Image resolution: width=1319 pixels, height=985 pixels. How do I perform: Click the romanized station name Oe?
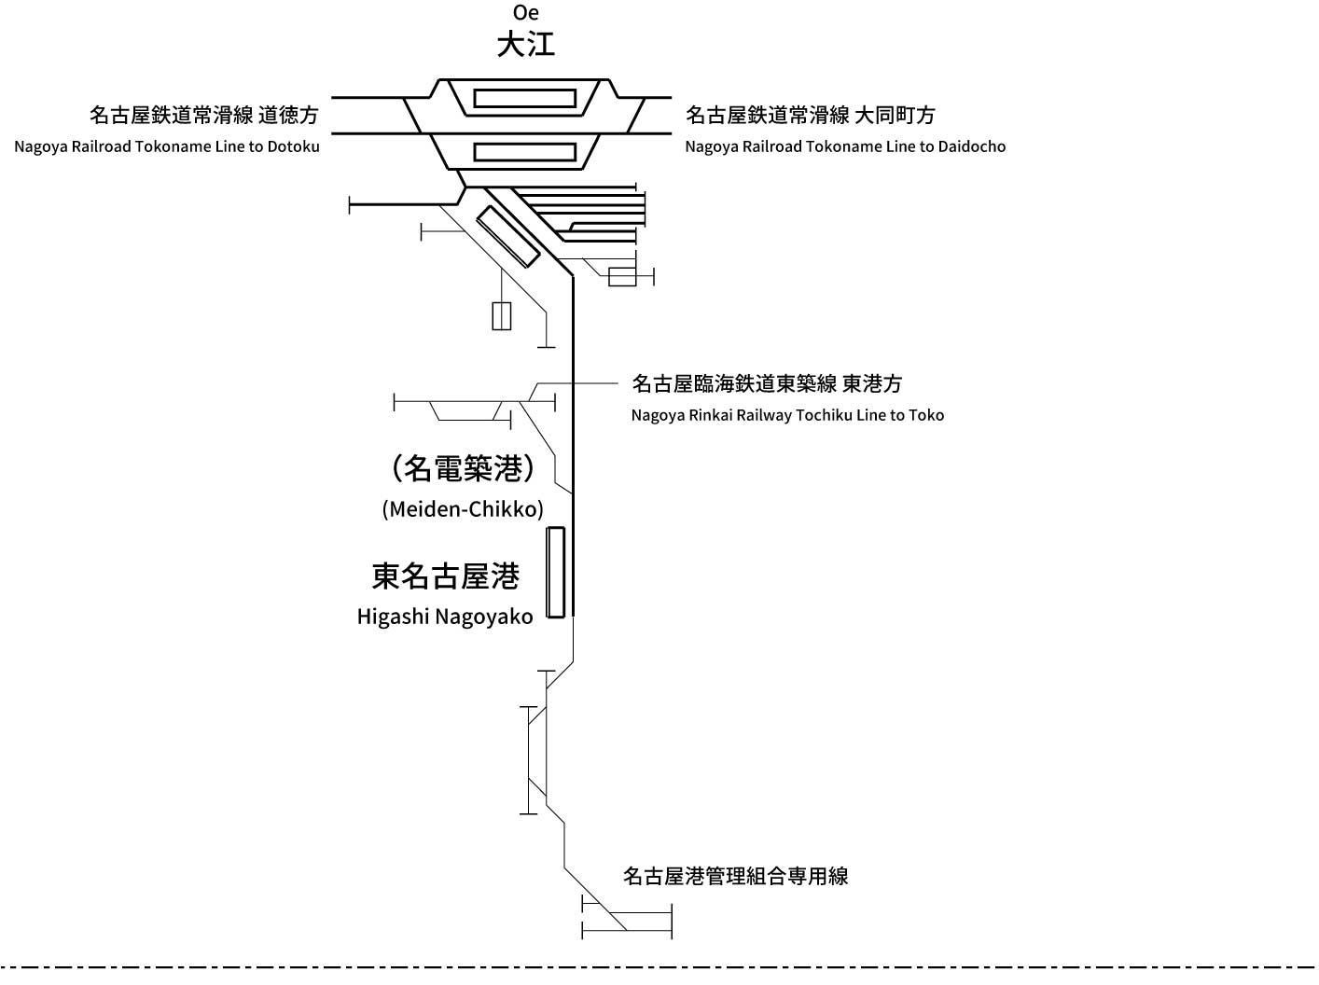[x=526, y=13]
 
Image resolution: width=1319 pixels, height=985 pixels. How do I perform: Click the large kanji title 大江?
[x=526, y=45]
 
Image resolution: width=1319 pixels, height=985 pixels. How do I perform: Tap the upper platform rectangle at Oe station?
[x=524, y=99]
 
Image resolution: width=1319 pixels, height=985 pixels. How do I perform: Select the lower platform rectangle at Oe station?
[x=524, y=152]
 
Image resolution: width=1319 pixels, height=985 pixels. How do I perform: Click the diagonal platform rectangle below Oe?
[x=507, y=236]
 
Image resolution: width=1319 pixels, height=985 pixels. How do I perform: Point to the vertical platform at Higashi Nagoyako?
[x=556, y=573]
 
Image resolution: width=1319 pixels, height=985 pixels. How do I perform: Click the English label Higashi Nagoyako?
[x=445, y=617]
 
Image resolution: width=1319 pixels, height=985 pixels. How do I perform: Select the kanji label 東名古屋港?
[x=445, y=576]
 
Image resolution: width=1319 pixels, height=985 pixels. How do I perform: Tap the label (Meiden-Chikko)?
[x=463, y=509]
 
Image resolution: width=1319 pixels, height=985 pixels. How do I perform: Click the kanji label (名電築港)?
[x=463, y=468]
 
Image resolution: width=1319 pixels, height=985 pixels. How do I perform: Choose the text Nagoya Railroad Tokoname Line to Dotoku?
[x=166, y=147]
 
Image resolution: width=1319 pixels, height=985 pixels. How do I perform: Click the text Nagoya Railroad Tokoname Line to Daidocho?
[x=845, y=147]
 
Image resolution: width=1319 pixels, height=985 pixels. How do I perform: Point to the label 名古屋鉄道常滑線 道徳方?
[x=203, y=115]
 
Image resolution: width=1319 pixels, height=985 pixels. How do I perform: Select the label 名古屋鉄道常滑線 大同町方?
[x=810, y=115]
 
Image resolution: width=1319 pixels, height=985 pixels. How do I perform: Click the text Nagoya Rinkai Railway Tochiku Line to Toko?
[x=787, y=416]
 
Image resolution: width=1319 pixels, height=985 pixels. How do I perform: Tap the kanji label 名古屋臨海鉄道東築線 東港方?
[x=767, y=383]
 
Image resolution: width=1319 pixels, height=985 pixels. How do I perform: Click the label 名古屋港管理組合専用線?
[x=735, y=876]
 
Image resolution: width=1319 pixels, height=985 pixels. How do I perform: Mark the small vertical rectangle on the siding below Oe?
[x=502, y=316]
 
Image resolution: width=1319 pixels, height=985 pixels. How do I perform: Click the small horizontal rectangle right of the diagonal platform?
[x=622, y=277]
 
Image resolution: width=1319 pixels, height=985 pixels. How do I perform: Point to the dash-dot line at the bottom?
[x=659, y=967]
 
